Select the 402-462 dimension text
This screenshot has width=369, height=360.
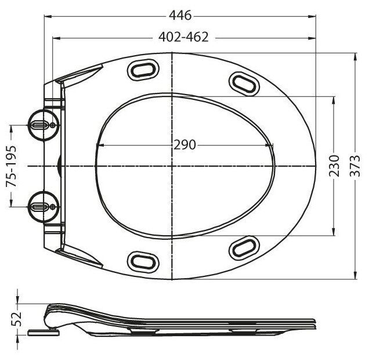click(183, 37)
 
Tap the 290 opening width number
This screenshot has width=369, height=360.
click(184, 145)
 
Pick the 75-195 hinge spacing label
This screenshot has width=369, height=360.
click(11, 167)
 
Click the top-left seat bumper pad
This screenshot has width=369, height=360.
click(141, 69)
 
